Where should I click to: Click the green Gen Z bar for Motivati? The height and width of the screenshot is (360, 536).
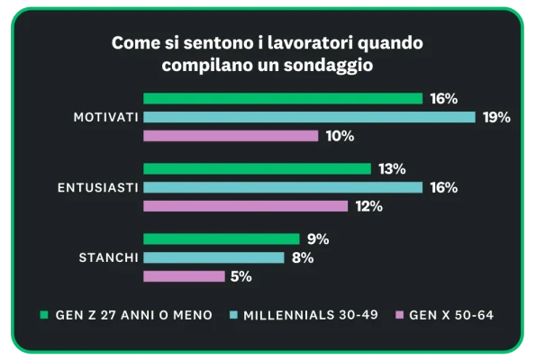[283, 98]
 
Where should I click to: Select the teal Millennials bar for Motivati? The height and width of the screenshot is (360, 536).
[309, 117]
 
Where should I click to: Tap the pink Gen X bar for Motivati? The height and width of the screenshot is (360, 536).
[231, 136]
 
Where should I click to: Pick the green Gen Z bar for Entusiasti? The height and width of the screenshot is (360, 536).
[257, 168]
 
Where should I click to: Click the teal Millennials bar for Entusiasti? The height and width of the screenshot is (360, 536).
[283, 187]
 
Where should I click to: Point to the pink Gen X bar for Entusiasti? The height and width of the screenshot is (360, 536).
[245, 206]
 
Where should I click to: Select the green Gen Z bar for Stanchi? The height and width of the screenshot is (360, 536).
[221, 238]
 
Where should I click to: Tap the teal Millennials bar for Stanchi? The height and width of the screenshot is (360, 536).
[214, 257]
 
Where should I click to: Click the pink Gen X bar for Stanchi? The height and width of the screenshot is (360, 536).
[184, 276]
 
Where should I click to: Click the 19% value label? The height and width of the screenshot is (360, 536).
[496, 117]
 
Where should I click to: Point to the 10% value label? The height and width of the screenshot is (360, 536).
[341, 136]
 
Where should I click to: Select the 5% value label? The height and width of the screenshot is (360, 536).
[241, 276]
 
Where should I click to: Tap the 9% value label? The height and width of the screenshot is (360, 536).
[317, 238]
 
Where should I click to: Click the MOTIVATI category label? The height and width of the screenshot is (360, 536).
[105, 117]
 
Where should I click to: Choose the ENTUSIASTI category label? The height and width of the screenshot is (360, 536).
[97, 187]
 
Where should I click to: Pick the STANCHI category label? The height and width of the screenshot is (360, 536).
[108, 257]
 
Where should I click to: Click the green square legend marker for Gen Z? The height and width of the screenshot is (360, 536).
[43, 315]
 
